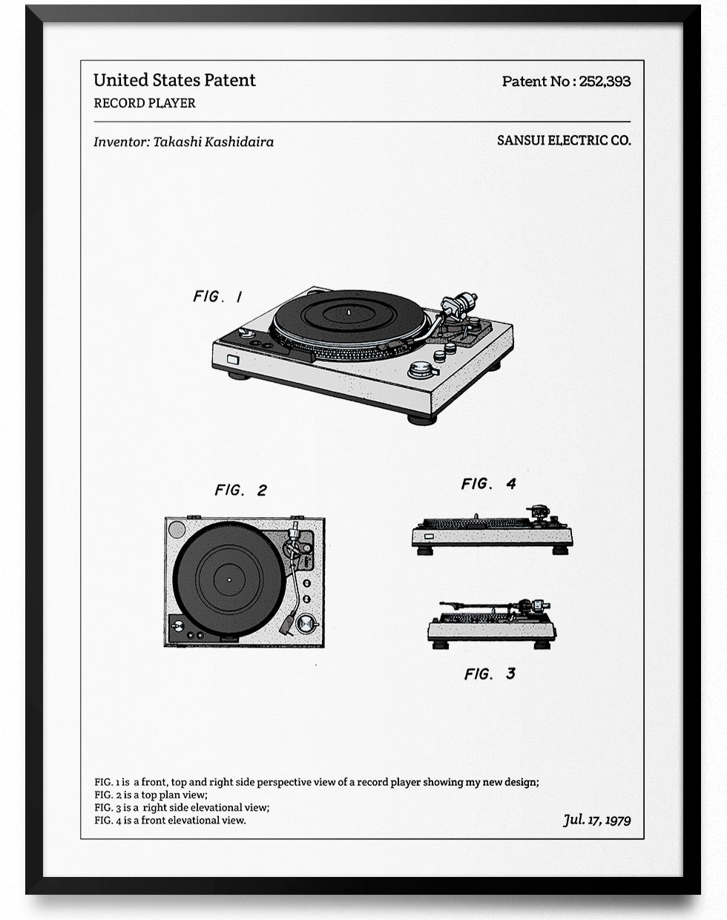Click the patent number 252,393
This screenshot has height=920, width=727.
[x=604, y=82]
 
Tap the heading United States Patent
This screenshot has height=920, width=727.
[x=174, y=80]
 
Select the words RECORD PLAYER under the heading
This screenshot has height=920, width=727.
[x=145, y=103]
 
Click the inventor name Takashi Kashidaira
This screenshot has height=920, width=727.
[x=213, y=142]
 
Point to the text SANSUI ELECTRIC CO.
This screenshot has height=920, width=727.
[x=564, y=140]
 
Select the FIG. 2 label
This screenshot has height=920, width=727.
[x=240, y=490]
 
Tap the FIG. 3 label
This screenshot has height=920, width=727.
[x=490, y=674]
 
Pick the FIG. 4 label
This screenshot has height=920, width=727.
[x=488, y=484]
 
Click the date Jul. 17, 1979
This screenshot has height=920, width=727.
[x=596, y=820]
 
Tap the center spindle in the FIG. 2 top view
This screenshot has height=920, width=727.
[x=228, y=579]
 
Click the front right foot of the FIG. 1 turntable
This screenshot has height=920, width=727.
[x=421, y=418]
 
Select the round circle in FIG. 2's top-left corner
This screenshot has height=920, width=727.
[x=177, y=529]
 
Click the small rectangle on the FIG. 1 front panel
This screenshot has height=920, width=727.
[x=233, y=360]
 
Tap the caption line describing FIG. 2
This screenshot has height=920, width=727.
[x=151, y=795]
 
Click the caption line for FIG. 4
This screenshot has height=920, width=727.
[x=170, y=820]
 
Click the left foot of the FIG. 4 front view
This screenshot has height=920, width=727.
[x=425, y=551]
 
